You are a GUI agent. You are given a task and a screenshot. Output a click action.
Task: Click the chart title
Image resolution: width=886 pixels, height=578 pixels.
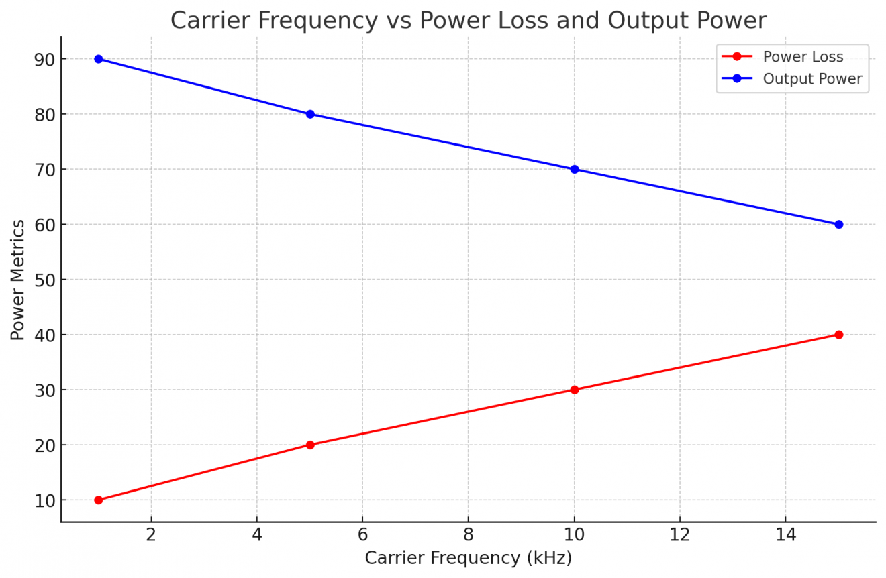point(468,21)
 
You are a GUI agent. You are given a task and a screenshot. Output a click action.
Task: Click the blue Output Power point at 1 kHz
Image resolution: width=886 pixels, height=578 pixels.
point(99,59)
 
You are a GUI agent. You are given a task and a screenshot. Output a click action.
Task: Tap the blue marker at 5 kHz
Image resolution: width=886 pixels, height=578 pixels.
point(310,114)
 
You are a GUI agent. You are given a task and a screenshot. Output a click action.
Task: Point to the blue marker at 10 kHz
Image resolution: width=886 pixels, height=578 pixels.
point(575,169)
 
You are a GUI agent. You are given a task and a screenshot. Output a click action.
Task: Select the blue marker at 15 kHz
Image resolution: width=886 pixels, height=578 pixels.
point(839,224)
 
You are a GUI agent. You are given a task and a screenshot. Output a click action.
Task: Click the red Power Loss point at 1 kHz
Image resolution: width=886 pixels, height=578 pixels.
point(99,500)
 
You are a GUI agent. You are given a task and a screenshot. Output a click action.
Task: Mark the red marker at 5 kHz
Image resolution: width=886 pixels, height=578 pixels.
point(310,445)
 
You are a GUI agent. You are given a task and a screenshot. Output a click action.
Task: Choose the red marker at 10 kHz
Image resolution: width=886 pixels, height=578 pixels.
point(575,390)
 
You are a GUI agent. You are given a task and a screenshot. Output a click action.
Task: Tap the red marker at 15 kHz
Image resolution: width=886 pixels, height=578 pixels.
point(839,335)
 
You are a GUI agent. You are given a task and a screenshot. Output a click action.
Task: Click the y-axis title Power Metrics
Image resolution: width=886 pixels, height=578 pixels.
point(18,280)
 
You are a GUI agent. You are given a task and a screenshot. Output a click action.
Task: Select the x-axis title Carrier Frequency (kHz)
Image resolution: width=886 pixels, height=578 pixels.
point(468,558)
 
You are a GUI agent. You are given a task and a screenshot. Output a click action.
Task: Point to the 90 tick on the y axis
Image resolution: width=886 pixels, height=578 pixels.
point(45,59)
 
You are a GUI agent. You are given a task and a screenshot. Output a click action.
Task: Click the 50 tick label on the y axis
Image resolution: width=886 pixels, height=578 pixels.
point(45,280)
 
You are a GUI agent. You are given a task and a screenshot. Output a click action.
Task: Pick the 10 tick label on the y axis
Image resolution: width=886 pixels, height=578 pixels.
point(45,500)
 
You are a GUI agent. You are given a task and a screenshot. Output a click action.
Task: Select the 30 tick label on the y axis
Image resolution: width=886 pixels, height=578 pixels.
point(45,390)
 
